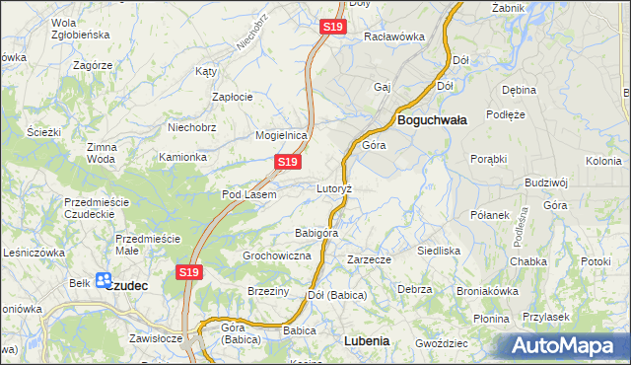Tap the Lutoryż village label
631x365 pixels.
(x=334, y=187)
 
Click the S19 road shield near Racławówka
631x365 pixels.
(x=332, y=28)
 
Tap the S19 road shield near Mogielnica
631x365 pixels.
(x=287, y=161)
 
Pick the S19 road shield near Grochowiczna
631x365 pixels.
(x=190, y=271)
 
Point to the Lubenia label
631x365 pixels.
(x=366, y=340)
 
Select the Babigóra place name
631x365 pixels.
(x=316, y=234)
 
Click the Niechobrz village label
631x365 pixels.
(x=192, y=126)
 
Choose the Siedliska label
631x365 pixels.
(x=439, y=251)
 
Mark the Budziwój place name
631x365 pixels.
(x=547, y=182)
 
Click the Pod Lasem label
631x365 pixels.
(x=248, y=194)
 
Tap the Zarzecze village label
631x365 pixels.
(x=369, y=259)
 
